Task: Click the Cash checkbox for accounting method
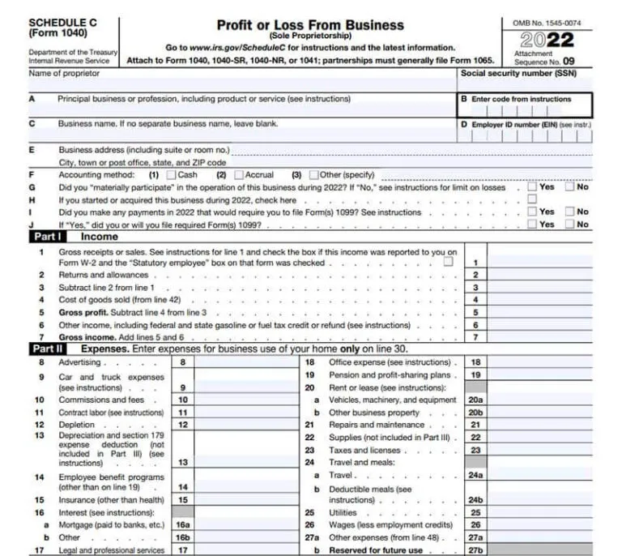point(171,174)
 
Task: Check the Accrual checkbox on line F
point(239,174)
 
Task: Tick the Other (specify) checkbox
point(314,174)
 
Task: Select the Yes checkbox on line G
point(532,187)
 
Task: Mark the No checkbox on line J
point(569,225)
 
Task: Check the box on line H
point(532,199)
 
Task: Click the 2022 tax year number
point(549,40)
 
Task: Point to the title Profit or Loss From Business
point(310,26)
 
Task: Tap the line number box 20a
point(475,400)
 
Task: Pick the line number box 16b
point(183,537)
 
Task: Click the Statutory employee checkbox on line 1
point(448,263)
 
